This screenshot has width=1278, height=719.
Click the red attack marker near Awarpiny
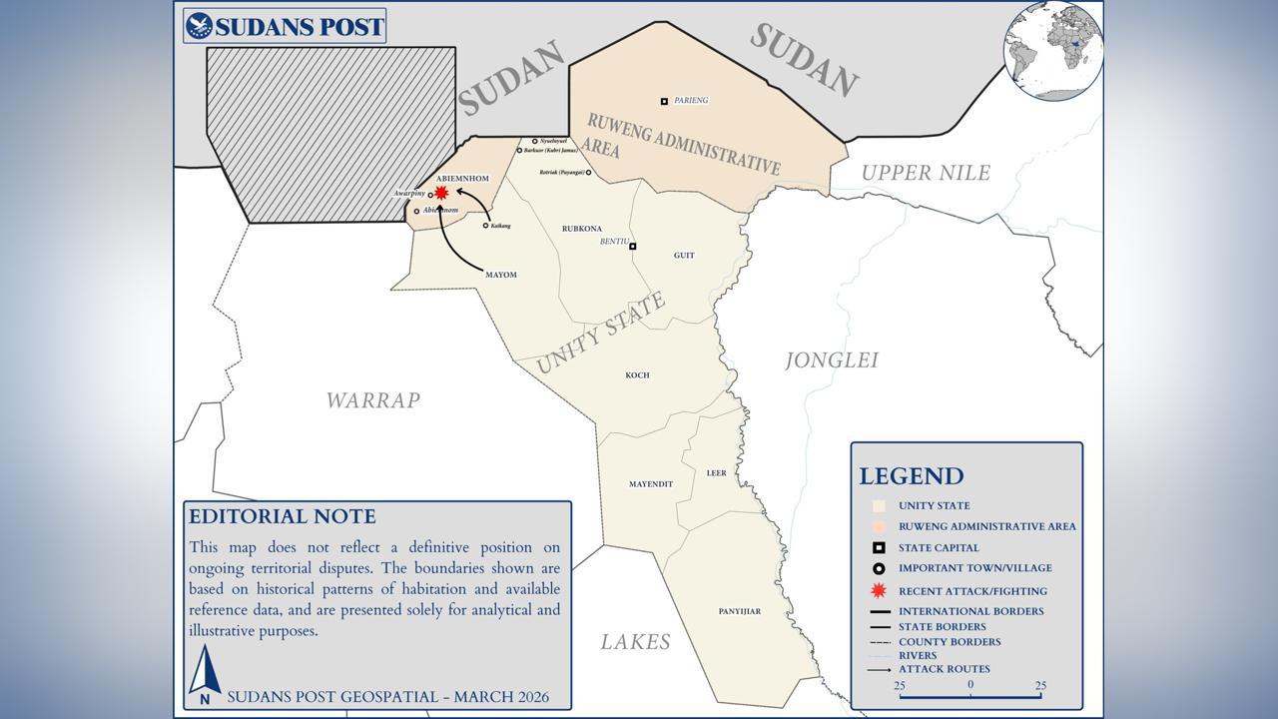pos(441,193)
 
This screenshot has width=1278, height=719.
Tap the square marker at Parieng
pos(664,101)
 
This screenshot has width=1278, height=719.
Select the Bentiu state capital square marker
pos(632,246)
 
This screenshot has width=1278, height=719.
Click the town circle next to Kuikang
pos(486,226)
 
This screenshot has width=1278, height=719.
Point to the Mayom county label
pos(500,275)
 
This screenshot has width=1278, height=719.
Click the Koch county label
pos(637,375)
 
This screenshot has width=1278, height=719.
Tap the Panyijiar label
pos(740,611)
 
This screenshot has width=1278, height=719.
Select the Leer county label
pos(716,473)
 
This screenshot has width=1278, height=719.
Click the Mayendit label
pos(651,484)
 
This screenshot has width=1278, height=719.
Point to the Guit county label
pos(684,256)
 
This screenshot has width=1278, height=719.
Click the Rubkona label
pos(581,229)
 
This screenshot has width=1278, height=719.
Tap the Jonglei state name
pos(831,360)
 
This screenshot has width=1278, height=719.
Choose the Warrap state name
pos(372,400)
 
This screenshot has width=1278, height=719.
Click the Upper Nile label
pos(926,173)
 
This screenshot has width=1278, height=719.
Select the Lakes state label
pos(635,642)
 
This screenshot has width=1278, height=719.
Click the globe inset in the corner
pos(1052,50)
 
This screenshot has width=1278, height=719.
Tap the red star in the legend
pos(879,590)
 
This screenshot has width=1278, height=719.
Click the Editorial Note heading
pos(283,516)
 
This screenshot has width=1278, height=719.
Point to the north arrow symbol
pos(205,672)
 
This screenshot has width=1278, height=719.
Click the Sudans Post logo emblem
pos(200,26)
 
